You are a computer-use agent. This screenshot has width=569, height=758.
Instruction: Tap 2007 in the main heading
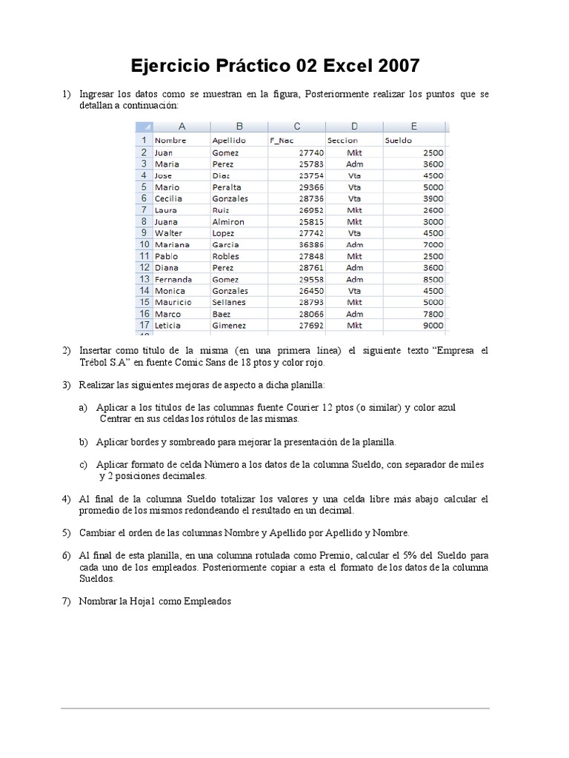coord(399,67)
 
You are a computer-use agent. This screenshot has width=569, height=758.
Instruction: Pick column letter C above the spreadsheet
coord(297,127)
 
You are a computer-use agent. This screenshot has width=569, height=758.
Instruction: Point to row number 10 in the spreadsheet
coord(142,244)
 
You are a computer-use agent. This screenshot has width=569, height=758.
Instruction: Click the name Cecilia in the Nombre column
coord(169,198)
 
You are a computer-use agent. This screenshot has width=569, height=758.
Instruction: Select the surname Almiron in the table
coord(228,221)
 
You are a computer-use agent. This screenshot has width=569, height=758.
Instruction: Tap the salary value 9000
coord(433,325)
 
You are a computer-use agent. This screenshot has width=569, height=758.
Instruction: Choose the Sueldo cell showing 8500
coord(433,279)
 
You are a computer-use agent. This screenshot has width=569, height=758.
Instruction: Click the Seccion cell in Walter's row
coord(354,232)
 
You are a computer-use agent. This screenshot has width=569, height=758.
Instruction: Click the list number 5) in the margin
coord(66,532)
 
